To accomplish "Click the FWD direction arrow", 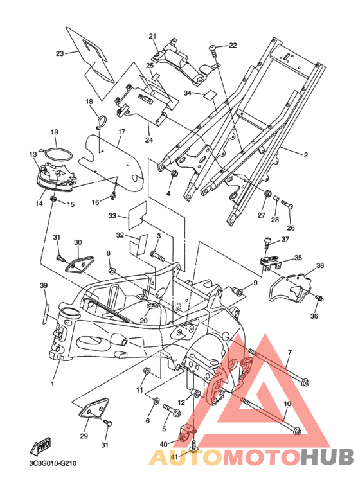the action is [x=40, y=445].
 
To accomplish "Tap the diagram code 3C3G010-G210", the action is [x=53, y=463].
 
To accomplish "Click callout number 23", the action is [x=60, y=53].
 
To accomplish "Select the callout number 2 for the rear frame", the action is [x=305, y=155].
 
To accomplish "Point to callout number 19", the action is [x=55, y=132].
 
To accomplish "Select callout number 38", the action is [x=320, y=265].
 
